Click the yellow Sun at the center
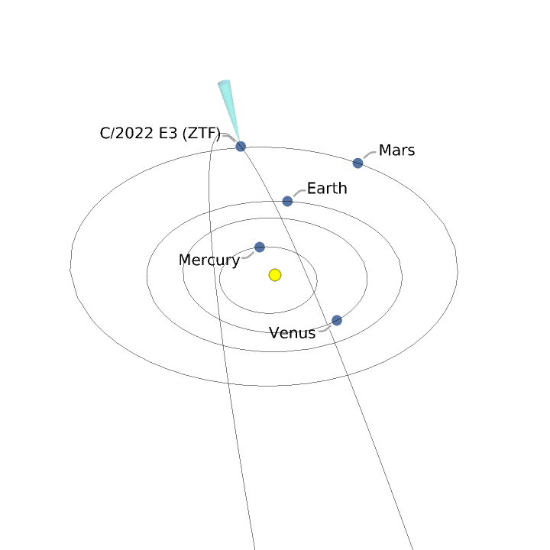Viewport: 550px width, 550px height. coord(275,274)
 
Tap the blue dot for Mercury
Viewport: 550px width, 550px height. coord(260,247)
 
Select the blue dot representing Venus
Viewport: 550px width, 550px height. coord(337,320)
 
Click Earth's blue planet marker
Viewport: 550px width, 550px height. coord(287,201)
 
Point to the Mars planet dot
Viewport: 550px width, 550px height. coord(357,163)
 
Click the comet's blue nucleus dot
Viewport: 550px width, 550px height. coord(241,146)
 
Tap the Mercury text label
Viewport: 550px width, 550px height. coord(209,260)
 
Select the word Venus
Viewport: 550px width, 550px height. coord(292,333)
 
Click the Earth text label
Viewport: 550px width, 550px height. coord(327,188)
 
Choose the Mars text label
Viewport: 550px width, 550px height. coord(396,150)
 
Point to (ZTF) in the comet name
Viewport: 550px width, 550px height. coord(201,134)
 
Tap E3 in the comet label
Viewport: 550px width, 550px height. coord(167,134)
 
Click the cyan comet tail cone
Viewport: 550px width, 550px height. coord(230,107)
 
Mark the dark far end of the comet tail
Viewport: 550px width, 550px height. coord(223,82)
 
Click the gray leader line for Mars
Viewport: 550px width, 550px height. coord(369,155)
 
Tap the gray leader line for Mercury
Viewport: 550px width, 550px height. coord(248,254)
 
